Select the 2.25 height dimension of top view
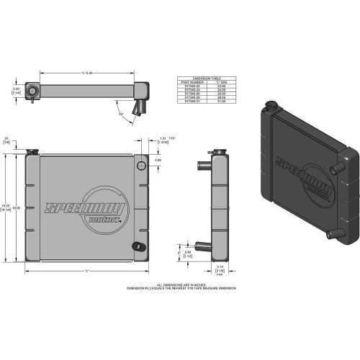click(x=15, y=90)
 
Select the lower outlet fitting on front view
click(x=135, y=246)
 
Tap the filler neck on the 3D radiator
click(x=271, y=108)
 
